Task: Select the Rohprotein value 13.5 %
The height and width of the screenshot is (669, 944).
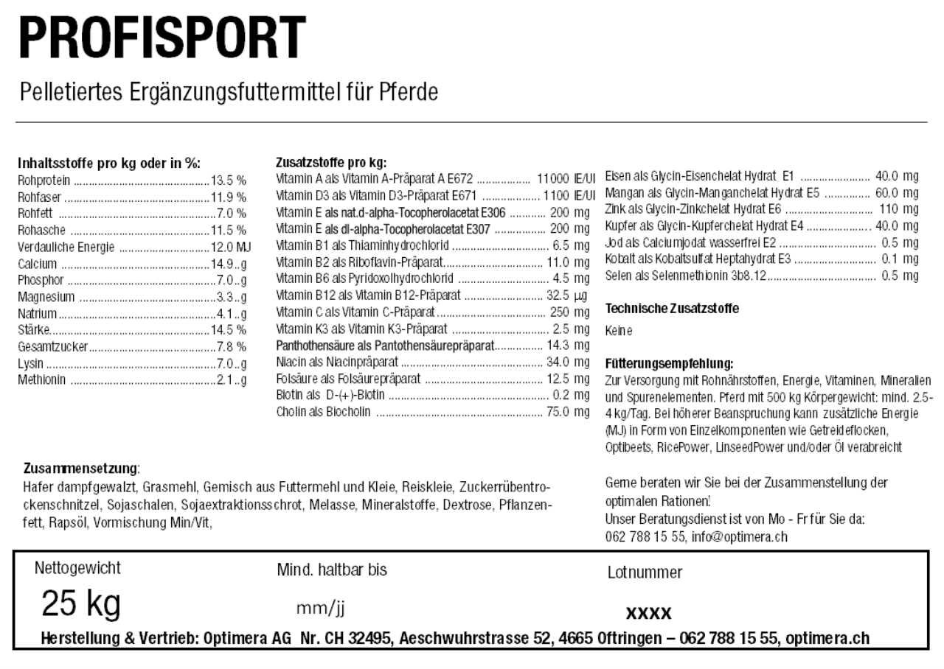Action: [x=229, y=179]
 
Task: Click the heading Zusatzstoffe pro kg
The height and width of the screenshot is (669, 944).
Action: [x=331, y=163]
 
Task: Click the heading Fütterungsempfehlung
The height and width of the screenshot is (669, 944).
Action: [x=668, y=364]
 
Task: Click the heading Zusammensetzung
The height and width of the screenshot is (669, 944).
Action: [x=81, y=469]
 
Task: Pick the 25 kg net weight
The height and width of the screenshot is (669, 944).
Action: [x=82, y=606]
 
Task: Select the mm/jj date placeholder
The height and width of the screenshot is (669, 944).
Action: [x=321, y=609]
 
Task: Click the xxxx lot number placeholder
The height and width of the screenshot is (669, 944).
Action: [x=648, y=613]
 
